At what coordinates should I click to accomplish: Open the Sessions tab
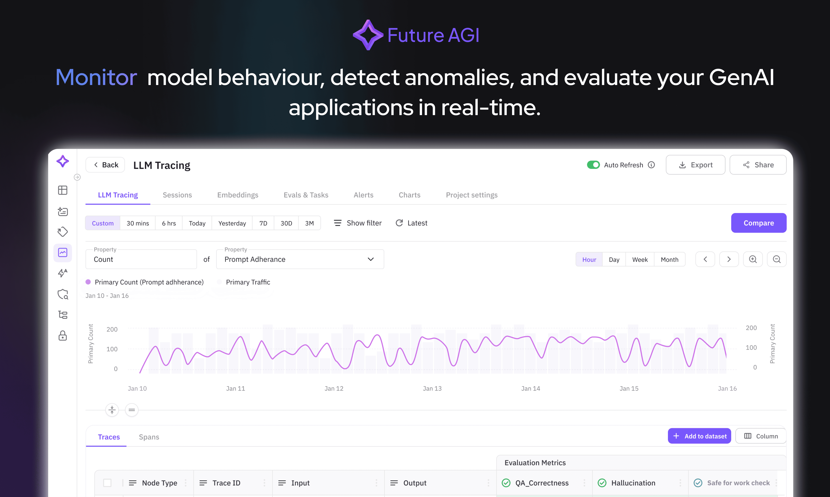[x=177, y=195]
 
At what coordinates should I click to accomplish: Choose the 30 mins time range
[x=138, y=223]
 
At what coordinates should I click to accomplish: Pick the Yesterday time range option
[x=232, y=223]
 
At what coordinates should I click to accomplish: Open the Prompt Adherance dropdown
[x=300, y=259]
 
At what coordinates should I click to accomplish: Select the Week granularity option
[x=639, y=260]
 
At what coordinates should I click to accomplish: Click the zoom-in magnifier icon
[x=753, y=259]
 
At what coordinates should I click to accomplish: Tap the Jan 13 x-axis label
[x=432, y=388]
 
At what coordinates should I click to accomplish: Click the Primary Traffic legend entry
[x=248, y=282]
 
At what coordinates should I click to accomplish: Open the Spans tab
[x=149, y=437]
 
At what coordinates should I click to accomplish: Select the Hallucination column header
[x=633, y=483]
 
